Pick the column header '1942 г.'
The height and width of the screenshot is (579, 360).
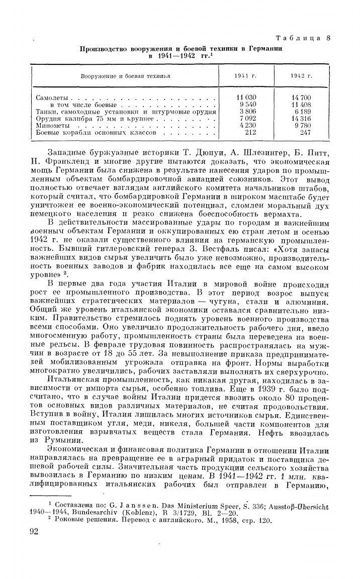pos(302,76)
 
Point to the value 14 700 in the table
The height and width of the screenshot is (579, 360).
pos(302,98)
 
